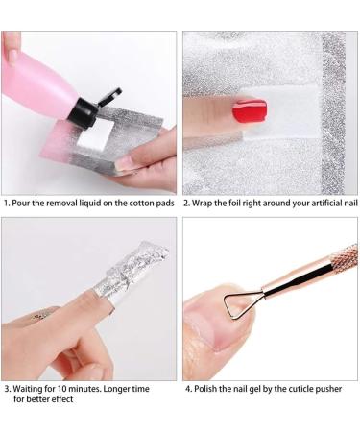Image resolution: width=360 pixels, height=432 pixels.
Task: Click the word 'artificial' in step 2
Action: (x=313, y=204)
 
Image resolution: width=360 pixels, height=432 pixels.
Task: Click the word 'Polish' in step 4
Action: (x=207, y=389)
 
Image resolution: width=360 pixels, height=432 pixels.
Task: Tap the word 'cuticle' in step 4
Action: (x=299, y=389)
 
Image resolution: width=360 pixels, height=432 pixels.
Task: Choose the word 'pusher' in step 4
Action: (x=332, y=389)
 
